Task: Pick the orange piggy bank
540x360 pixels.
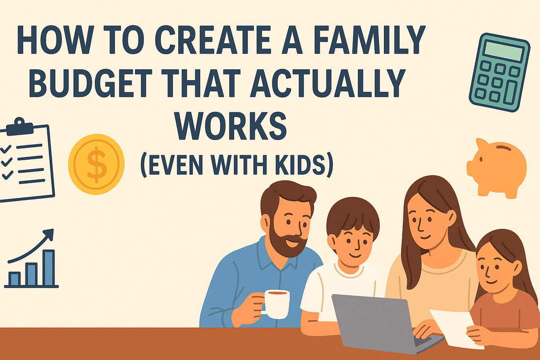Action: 497,167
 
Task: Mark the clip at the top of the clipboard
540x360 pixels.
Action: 19,123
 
